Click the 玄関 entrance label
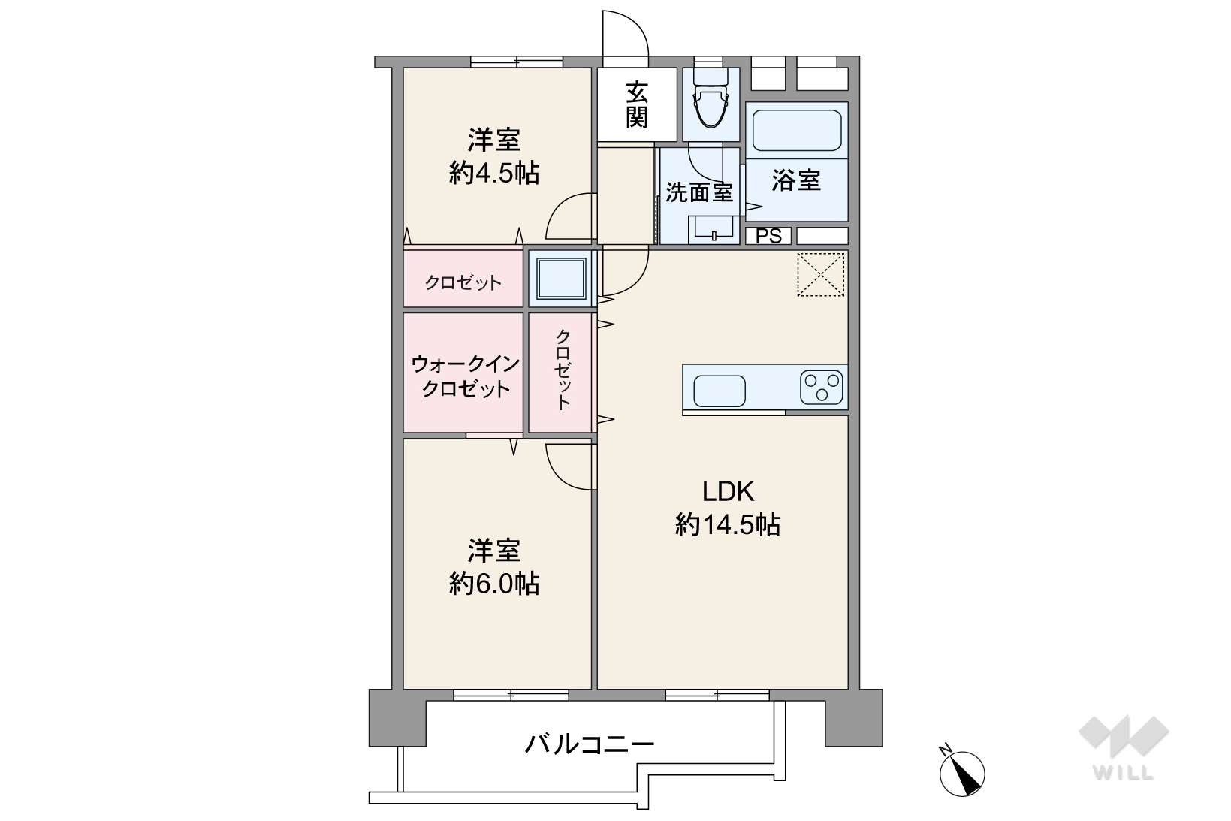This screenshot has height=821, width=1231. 637,104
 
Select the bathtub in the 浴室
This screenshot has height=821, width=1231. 797,130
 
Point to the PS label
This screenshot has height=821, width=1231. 768,236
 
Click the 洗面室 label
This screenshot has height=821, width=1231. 699,192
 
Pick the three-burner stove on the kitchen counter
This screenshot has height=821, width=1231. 822,388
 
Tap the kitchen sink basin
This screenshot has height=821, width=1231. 720,391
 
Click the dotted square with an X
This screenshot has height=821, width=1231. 821,274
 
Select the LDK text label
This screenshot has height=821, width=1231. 728,491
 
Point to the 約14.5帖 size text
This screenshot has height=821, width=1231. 728,524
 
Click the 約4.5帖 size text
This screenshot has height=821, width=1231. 494,173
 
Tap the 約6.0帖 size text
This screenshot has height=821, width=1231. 494,583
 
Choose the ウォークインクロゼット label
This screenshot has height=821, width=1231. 466,376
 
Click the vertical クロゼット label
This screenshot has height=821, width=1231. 563,370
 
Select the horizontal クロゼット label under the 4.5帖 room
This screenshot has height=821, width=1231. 463,283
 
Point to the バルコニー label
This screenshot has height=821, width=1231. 590,744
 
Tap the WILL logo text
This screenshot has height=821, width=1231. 1124,773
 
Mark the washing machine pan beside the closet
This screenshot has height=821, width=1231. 561,278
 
